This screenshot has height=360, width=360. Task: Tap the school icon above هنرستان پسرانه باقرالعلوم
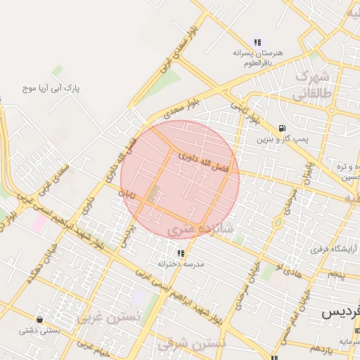point(257,41)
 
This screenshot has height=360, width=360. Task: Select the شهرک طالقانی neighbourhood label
point(314,83)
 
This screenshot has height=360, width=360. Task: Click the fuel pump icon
point(281,128)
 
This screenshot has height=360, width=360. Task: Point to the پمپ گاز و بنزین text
point(282,139)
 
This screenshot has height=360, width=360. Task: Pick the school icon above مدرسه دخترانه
point(180,252)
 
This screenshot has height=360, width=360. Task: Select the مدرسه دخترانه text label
point(180,264)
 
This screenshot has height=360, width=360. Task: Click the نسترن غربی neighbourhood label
point(108,317)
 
